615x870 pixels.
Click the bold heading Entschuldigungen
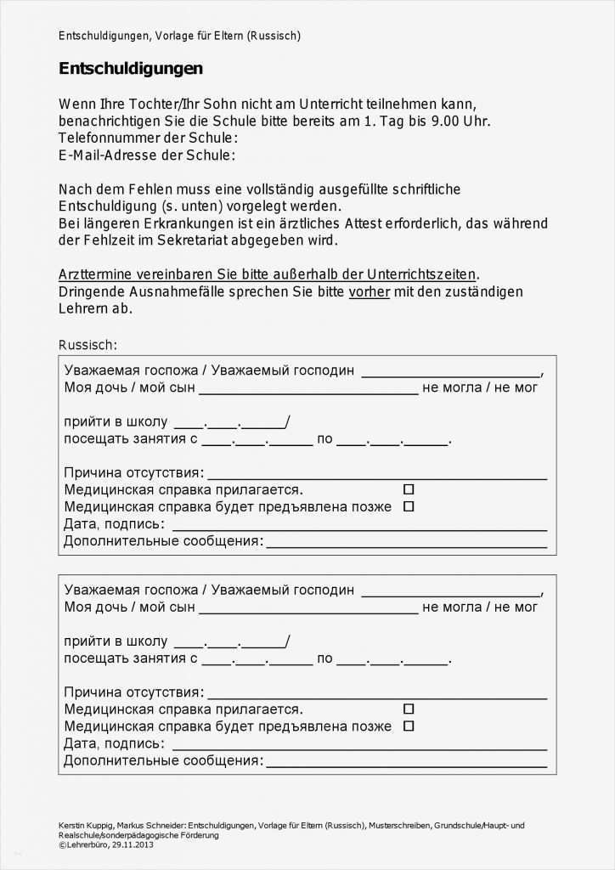point(131,69)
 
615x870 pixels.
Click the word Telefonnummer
point(108,138)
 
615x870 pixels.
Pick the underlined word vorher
point(370,291)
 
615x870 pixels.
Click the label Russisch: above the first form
point(87,344)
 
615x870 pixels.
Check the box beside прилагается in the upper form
point(409,489)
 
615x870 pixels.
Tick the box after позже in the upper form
point(409,506)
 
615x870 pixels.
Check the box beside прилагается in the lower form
point(409,709)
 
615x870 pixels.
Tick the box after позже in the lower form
point(409,726)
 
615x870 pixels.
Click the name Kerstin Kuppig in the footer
point(84,825)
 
